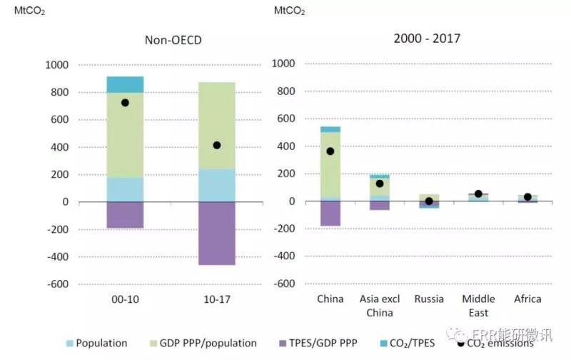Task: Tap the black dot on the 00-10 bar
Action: [x=125, y=103]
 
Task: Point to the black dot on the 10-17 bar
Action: [x=216, y=145]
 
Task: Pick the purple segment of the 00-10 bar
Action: [x=125, y=215]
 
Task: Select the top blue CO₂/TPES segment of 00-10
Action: [x=125, y=84]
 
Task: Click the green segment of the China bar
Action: [x=330, y=164]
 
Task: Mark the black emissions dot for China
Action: [x=330, y=151]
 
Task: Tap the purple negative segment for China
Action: [x=330, y=214]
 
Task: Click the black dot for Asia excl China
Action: [x=380, y=184]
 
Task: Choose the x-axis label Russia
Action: [x=429, y=299]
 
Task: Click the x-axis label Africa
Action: [x=527, y=299]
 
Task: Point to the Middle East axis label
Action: [x=478, y=304]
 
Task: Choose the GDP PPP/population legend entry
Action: [x=202, y=343]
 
